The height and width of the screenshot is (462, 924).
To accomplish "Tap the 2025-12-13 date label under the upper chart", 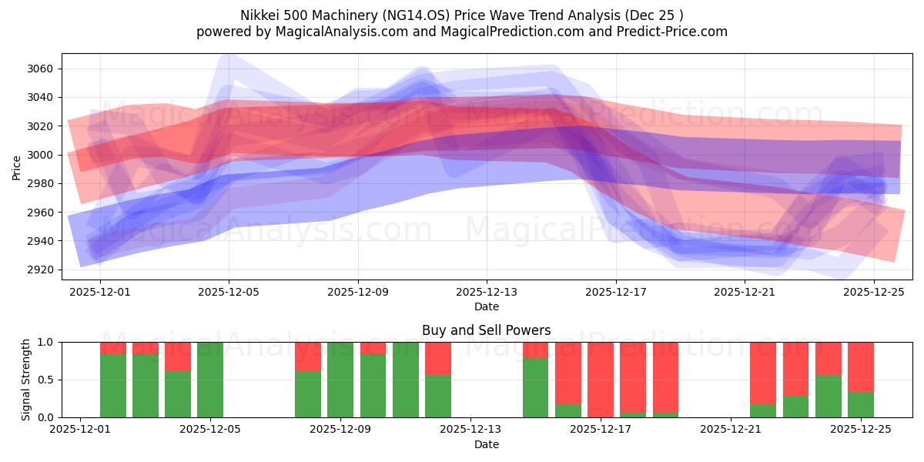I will point(486,293).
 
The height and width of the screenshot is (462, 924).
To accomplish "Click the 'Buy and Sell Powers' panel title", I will point(486,330).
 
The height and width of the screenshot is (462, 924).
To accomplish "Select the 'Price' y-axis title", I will point(17,167).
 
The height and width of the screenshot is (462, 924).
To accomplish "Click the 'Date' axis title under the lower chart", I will point(486,444).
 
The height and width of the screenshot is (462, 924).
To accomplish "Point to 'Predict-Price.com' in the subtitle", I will point(675,32).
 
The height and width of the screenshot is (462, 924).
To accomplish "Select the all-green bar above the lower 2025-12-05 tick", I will point(210,380).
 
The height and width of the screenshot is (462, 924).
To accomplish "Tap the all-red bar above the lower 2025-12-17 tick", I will point(601,380).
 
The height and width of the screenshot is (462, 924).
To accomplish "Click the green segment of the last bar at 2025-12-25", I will point(861,404).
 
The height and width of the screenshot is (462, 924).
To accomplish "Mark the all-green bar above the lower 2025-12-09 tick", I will point(340,380).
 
